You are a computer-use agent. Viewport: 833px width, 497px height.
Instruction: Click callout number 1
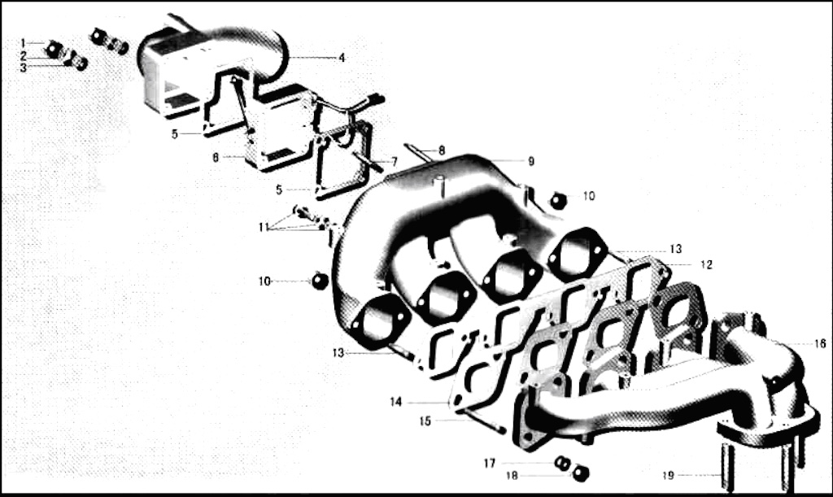[x=23, y=42]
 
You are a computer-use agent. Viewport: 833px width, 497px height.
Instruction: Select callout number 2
[x=24, y=56]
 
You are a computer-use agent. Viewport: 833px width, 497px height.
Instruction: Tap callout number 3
[x=24, y=68]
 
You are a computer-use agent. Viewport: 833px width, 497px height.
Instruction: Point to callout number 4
[x=342, y=57]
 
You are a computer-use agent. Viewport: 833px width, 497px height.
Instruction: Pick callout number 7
[x=395, y=161]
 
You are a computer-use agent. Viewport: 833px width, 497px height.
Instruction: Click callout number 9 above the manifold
[x=530, y=161]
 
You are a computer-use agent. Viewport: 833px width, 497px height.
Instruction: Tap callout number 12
[x=707, y=264]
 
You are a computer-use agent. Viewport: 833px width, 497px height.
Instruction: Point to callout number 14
[x=396, y=402]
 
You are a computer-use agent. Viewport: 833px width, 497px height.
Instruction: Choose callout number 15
[x=425, y=421]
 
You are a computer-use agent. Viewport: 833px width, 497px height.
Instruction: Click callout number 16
[x=820, y=343]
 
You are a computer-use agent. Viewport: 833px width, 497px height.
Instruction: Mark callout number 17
[x=489, y=464]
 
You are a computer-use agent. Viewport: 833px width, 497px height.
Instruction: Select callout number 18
[x=512, y=476]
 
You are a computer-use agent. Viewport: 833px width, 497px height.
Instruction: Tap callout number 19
[x=669, y=475]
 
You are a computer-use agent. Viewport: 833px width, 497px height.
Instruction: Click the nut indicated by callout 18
[x=581, y=473]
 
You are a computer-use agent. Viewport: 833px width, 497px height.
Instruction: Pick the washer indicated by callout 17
[x=562, y=464]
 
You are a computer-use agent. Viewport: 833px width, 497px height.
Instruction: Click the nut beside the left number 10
[x=319, y=281]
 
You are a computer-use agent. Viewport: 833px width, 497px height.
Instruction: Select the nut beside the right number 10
[x=557, y=200]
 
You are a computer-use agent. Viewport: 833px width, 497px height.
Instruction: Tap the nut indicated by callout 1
[x=52, y=49]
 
